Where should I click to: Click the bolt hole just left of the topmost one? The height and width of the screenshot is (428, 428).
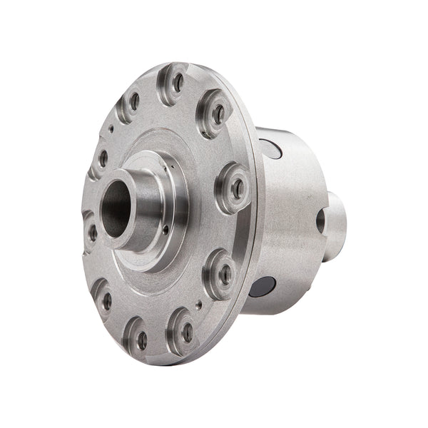134,102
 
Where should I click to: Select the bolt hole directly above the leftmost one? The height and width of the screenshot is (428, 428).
103,158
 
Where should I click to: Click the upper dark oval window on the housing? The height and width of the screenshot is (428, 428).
271,148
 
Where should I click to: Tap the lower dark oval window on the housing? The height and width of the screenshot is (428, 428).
263,287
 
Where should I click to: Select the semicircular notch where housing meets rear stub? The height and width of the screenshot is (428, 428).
321,221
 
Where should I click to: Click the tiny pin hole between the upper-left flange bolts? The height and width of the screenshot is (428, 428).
111,129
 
